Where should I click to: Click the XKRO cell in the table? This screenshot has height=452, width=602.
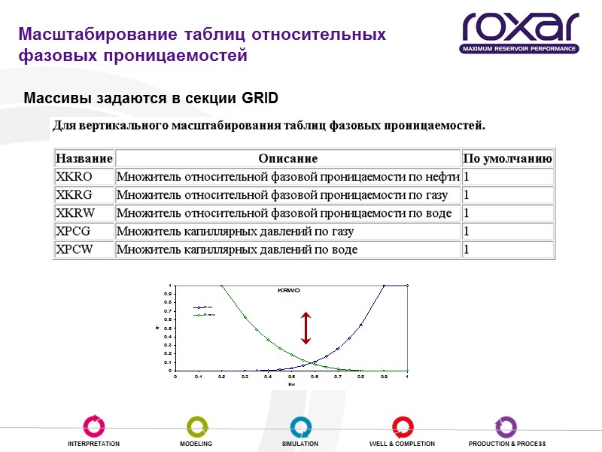(74, 176)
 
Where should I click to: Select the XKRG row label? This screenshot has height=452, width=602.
(74, 195)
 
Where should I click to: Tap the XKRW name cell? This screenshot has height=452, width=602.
(74, 213)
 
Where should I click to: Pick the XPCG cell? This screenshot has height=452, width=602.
(74, 231)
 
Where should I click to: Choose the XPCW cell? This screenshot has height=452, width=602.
(74, 249)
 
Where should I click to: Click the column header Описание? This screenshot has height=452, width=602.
(287, 158)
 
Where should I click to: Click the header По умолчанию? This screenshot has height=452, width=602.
(507, 158)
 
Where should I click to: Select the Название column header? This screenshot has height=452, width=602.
(84, 158)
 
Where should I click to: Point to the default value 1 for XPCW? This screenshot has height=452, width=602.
(467, 249)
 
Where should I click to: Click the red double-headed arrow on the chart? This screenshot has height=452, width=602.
(306, 327)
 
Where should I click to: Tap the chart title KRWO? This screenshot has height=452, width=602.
(290, 289)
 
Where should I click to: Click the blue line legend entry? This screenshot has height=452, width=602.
(204, 307)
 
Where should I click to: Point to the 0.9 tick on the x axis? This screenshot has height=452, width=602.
(384, 376)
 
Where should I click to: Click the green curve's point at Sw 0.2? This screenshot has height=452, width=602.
(222, 286)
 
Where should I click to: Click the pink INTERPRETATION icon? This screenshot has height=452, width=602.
(93, 426)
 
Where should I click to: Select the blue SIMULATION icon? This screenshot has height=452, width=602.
(300, 426)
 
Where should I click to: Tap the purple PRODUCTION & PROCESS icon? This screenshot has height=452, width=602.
(506, 426)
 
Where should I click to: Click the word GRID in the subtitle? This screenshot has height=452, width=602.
(260, 99)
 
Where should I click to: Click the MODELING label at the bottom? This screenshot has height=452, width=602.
(196, 444)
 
